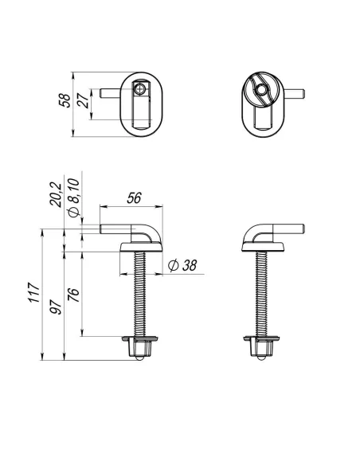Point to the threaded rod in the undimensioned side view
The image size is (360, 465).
tap(260, 295)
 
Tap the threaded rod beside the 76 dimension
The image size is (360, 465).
tap(139, 295)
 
